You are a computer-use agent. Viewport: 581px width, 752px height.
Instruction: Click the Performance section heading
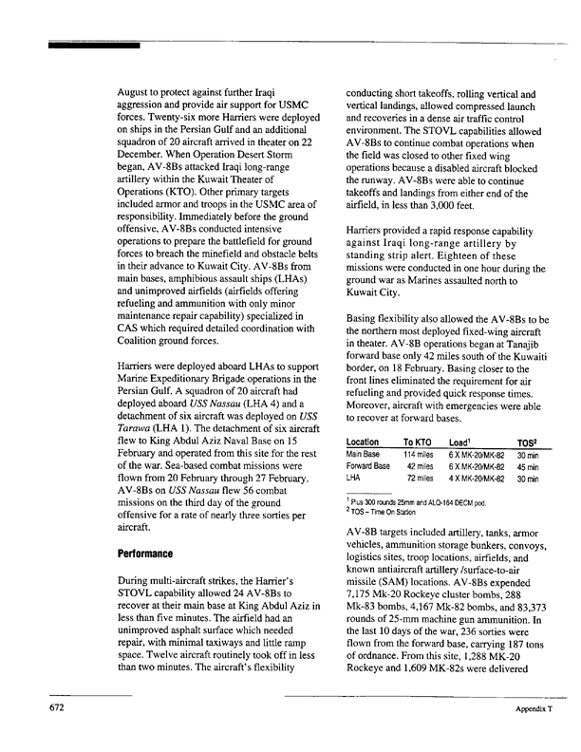pyautogui.click(x=144, y=552)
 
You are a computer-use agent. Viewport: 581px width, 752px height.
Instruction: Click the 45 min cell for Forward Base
pyautogui.click(x=527, y=466)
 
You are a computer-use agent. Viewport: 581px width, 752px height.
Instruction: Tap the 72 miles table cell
pyautogui.click(x=421, y=478)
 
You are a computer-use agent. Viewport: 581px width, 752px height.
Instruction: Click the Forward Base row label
pyautogui.click(x=368, y=466)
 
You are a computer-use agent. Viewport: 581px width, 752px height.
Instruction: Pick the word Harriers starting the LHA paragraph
pyautogui.click(x=140, y=367)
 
